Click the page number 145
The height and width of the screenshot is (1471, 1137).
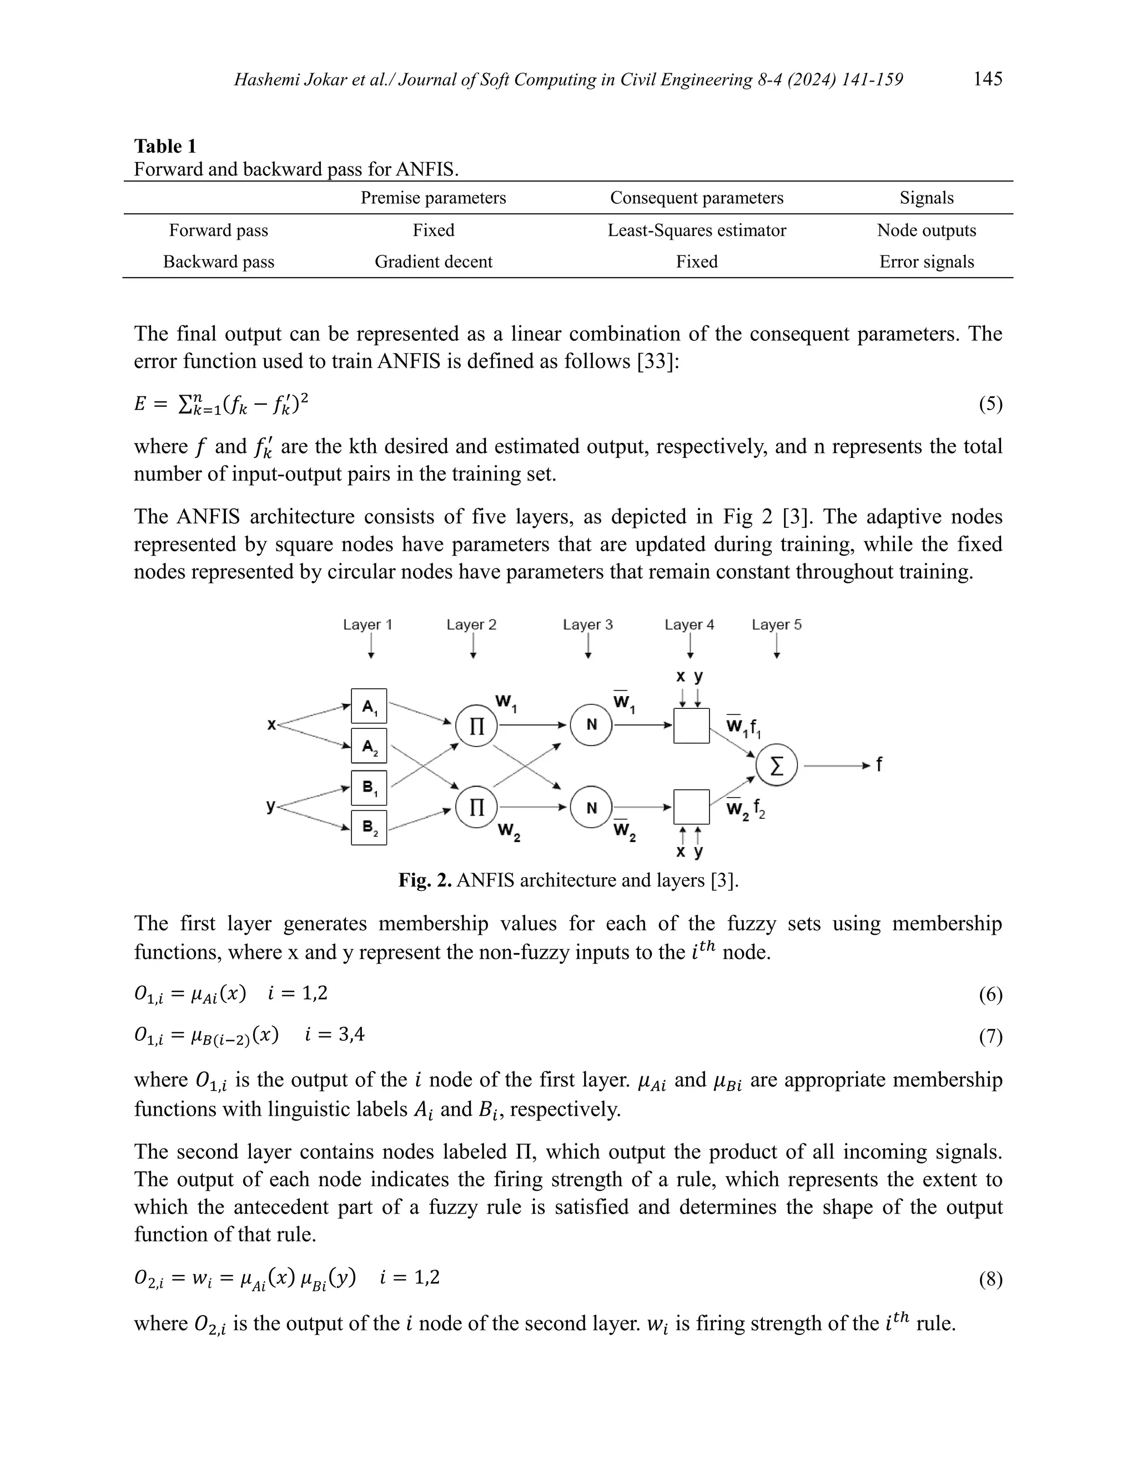tap(988, 79)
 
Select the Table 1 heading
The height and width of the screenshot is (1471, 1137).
tap(165, 146)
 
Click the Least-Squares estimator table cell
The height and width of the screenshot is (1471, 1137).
tap(697, 230)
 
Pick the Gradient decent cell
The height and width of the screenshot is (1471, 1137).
tap(433, 261)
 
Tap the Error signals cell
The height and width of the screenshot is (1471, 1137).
tap(926, 261)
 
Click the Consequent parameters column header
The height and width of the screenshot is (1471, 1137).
tap(697, 198)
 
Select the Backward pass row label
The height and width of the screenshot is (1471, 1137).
tap(218, 261)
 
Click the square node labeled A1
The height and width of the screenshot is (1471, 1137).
tap(369, 706)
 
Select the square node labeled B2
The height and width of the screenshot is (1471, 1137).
tap(369, 827)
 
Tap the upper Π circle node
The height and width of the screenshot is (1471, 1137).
tap(477, 726)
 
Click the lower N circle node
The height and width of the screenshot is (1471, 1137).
tap(591, 807)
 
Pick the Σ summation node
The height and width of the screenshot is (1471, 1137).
tap(776, 766)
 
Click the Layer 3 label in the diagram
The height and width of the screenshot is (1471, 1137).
tap(587, 624)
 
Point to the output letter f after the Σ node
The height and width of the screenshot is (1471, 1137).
tap(878, 764)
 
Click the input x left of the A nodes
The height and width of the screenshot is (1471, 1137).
tap(271, 725)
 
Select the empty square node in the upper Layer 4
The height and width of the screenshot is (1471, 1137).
tap(691, 726)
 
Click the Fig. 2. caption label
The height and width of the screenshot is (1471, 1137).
tap(425, 880)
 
